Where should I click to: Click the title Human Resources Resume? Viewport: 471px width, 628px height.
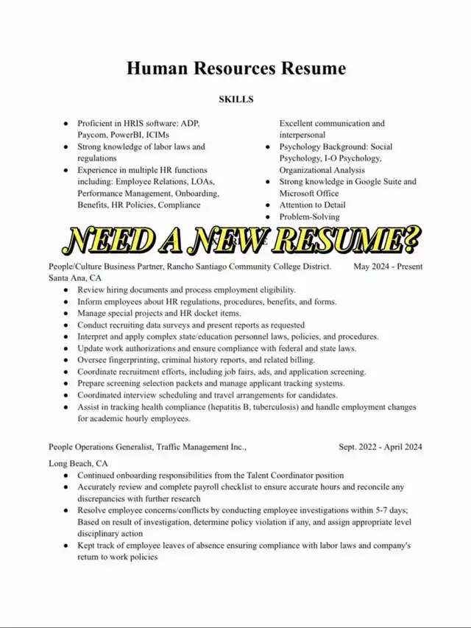click(x=235, y=69)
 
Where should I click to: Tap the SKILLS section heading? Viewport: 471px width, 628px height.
click(x=235, y=98)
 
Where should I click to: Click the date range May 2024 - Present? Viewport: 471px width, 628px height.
click(x=388, y=266)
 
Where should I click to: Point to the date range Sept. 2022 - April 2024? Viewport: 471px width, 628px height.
click(x=380, y=446)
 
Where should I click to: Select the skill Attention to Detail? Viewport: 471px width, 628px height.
click(x=312, y=205)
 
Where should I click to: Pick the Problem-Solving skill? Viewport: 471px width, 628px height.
click(x=309, y=216)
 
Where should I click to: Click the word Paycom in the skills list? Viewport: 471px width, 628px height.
click(x=94, y=135)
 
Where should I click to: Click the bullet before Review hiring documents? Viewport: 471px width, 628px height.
click(x=67, y=290)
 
